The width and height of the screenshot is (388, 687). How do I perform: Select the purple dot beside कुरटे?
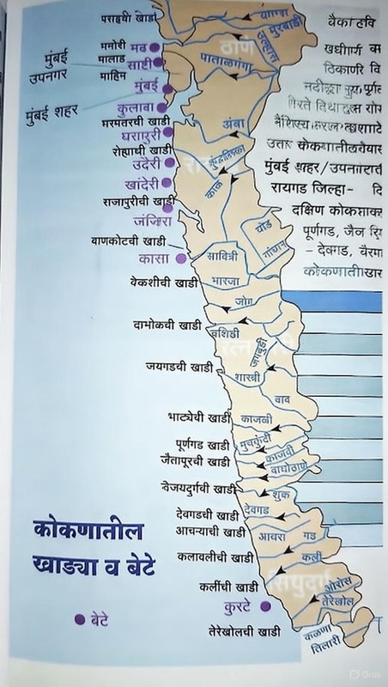tap(265, 606)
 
